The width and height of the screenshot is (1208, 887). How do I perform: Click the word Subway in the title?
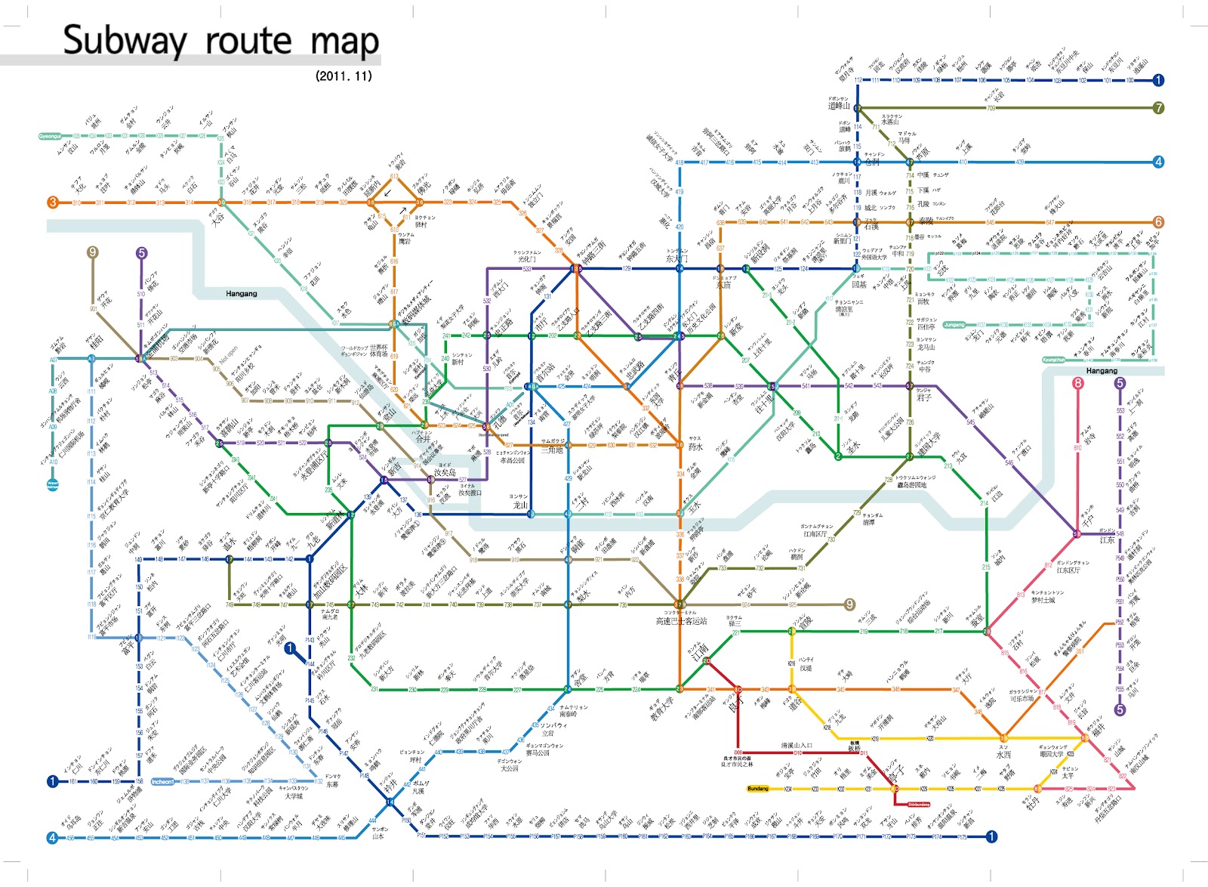coord(125,41)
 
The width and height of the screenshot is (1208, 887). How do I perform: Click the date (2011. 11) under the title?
coord(344,76)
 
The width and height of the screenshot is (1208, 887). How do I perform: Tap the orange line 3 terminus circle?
coord(53,202)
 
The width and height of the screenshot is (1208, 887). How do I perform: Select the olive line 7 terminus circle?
coord(1158,108)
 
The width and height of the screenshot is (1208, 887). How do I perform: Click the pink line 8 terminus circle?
coord(1077,383)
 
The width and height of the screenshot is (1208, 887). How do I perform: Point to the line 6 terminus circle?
coord(1158,222)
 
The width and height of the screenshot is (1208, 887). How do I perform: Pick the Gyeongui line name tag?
coord(50,137)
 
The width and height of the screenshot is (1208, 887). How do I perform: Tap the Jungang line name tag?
coord(954,325)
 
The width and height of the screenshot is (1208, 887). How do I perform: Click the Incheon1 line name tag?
coord(162,782)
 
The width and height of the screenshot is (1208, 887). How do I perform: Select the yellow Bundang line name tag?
coord(757,789)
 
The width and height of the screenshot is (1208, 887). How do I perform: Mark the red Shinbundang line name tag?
coord(918,805)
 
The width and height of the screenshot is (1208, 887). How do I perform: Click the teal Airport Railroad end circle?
coord(52,484)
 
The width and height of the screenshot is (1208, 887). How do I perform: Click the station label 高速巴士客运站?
coord(681,621)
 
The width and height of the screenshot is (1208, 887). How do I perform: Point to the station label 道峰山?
coord(838,106)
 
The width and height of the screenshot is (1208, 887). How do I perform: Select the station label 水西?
coord(1003,754)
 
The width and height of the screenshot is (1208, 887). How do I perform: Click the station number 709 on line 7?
coord(991,108)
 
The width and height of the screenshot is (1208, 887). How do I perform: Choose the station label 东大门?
coord(676,258)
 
